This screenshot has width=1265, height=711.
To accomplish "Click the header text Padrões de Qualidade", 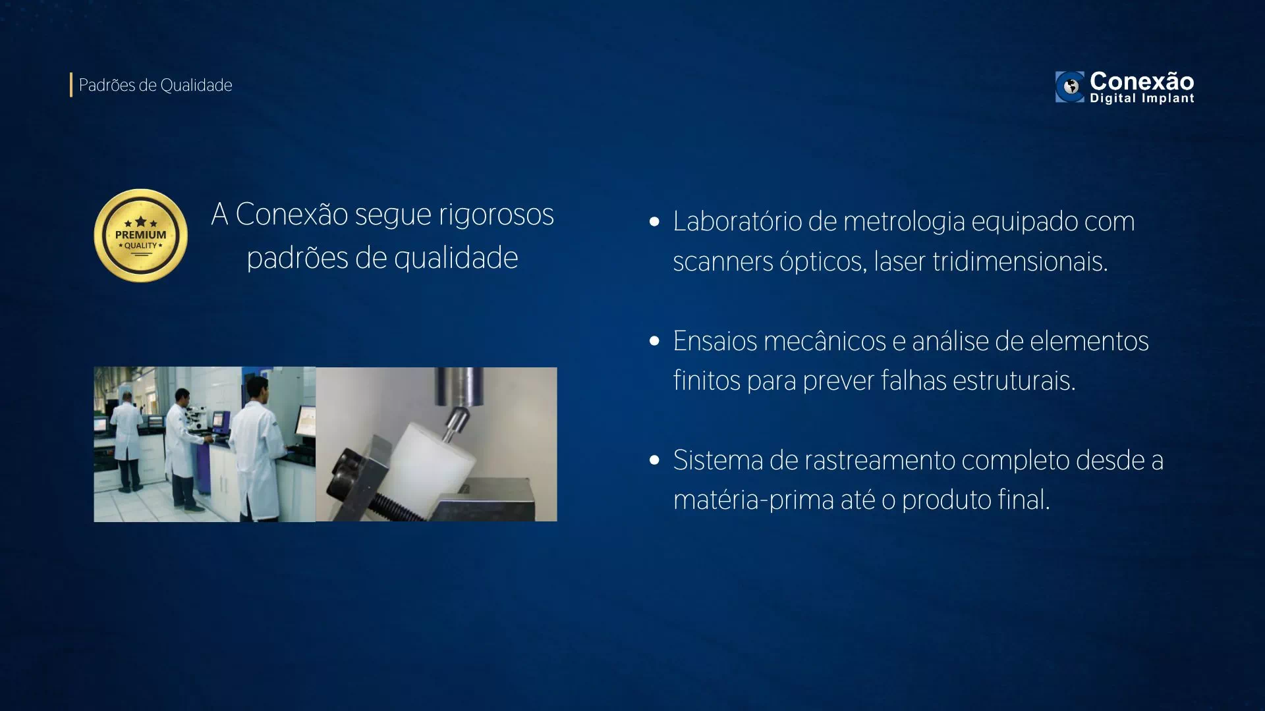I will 155,86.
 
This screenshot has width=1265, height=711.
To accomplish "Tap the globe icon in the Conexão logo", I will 1070,87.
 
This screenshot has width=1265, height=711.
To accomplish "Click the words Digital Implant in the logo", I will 1142,99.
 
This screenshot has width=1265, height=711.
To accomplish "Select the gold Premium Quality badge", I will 140,236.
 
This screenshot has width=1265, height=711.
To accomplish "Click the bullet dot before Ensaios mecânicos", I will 654,341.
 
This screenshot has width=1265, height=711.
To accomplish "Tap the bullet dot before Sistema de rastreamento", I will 654,460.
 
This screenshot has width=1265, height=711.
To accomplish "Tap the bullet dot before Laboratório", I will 654,222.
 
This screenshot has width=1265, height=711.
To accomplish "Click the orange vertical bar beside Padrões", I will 71,85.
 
